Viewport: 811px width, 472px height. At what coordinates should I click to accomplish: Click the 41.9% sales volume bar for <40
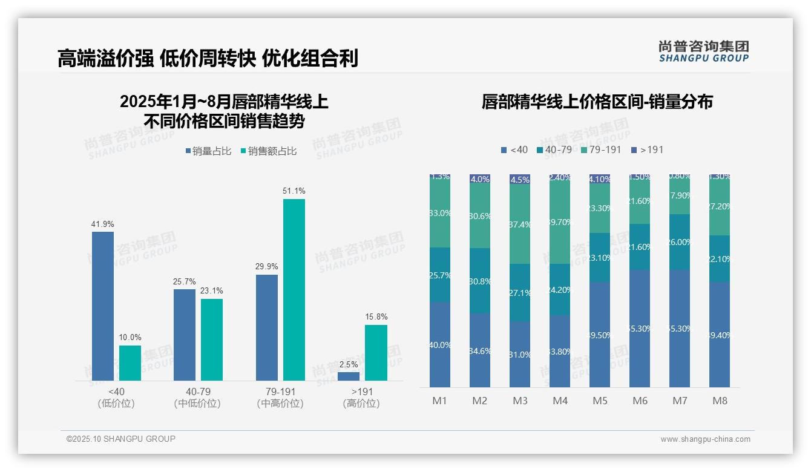click(103, 306)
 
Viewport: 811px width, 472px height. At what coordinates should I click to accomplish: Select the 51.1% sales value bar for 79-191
click(294, 290)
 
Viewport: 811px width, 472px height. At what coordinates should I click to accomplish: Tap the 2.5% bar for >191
click(349, 376)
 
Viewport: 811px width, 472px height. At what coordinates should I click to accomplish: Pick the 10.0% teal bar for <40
click(130, 363)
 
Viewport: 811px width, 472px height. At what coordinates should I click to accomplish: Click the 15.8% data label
click(376, 317)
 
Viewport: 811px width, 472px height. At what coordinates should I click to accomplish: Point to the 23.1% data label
click(212, 291)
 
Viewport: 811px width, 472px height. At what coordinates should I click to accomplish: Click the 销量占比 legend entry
click(208, 151)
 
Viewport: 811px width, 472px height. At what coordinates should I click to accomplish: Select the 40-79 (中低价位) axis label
click(197, 398)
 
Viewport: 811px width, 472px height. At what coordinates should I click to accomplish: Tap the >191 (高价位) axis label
click(361, 398)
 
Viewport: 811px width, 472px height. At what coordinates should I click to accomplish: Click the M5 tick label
click(600, 401)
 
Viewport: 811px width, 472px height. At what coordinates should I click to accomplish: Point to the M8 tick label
click(720, 401)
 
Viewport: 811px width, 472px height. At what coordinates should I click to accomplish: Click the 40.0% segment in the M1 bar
click(440, 345)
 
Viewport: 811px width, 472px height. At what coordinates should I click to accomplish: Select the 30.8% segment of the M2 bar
click(480, 281)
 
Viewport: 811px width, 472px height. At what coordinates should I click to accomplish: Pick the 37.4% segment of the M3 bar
click(520, 225)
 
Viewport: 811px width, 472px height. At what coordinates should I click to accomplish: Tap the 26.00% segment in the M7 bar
click(680, 242)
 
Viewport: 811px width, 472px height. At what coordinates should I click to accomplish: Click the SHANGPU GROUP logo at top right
click(703, 51)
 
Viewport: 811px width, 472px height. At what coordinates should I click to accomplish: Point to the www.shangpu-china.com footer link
click(705, 439)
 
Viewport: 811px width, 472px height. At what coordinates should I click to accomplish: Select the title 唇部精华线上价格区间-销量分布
click(597, 102)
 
